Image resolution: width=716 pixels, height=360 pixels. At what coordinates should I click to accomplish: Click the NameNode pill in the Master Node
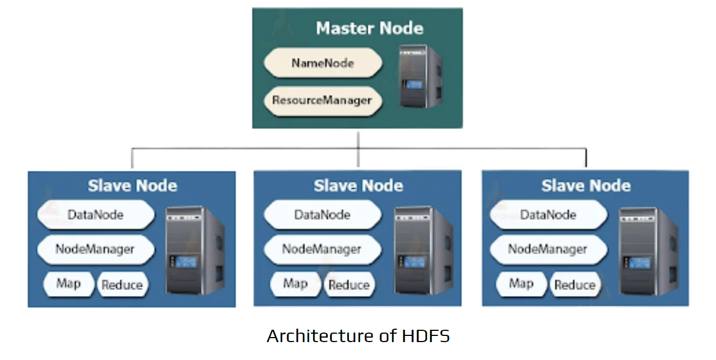[x=323, y=63]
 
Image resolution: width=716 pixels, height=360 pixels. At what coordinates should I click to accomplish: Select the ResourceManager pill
[x=322, y=101]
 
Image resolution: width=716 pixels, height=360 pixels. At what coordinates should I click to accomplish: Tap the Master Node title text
[x=369, y=28]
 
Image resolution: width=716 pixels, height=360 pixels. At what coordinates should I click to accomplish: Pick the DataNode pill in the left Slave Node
[x=95, y=214]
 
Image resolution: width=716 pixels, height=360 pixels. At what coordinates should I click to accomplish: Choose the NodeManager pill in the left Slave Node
[x=95, y=249]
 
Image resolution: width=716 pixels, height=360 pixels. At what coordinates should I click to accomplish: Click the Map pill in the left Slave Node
[x=68, y=284]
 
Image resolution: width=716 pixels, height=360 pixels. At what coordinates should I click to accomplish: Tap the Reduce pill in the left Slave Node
[x=122, y=285]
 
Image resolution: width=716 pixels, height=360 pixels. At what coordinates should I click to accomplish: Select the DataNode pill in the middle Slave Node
[x=322, y=215]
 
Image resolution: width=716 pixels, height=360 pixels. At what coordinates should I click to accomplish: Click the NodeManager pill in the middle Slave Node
[x=322, y=249]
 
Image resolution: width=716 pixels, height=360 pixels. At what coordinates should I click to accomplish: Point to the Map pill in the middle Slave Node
[x=295, y=284]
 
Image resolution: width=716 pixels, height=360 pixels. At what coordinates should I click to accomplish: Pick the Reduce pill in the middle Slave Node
[x=348, y=285]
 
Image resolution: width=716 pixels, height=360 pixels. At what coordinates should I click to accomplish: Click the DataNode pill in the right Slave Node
[x=548, y=215]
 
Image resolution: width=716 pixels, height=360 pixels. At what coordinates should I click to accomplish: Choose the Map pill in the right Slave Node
[x=521, y=284]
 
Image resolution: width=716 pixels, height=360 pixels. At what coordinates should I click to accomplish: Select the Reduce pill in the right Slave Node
[x=574, y=285]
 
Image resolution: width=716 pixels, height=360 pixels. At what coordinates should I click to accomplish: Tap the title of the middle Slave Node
[x=358, y=186]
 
